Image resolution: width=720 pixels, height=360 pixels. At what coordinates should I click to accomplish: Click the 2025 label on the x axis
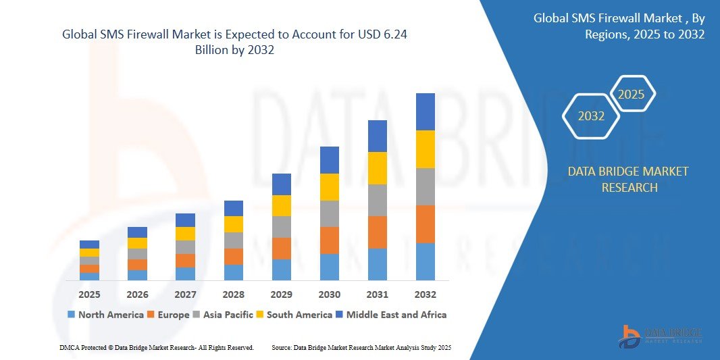click(89, 294)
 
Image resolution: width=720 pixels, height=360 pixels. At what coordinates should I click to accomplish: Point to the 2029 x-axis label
click(282, 294)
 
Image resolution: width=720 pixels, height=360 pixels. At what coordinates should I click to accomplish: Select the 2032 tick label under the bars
click(426, 294)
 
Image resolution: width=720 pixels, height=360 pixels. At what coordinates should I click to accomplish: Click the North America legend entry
click(105, 315)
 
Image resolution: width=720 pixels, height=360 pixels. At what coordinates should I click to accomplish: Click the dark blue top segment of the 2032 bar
click(426, 111)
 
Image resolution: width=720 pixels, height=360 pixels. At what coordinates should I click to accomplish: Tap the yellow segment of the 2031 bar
click(378, 168)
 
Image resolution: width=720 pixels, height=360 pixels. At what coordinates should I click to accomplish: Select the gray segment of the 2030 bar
click(330, 213)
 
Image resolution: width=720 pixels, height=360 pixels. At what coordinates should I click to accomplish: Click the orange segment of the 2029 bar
click(282, 248)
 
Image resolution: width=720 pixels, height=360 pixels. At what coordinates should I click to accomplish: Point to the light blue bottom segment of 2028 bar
click(234, 272)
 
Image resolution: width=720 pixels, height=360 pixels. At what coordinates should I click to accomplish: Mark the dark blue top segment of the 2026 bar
click(138, 232)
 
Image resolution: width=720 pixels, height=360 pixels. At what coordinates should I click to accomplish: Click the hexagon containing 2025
click(632, 95)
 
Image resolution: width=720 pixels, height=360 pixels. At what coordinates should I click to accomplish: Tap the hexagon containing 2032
click(592, 116)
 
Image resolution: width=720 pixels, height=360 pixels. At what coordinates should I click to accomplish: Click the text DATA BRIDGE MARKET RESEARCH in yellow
click(628, 180)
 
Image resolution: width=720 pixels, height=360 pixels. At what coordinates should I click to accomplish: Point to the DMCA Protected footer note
click(156, 347)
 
